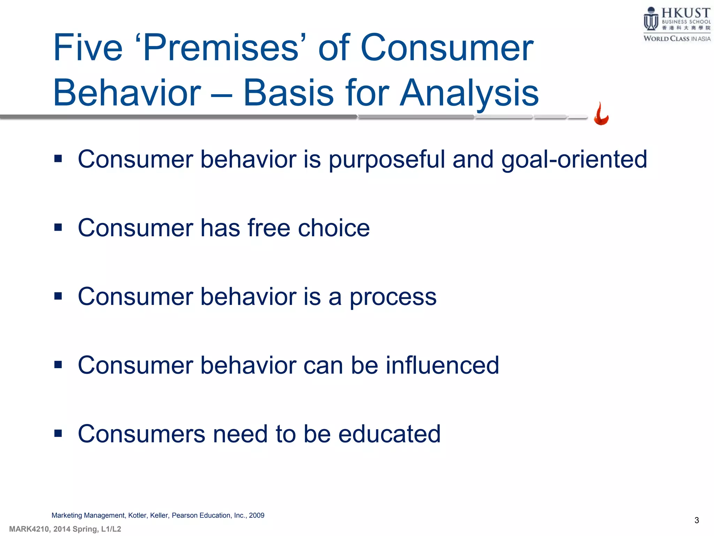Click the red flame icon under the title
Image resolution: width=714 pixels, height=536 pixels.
point(601,114)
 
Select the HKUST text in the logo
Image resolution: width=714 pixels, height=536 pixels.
point(685,13)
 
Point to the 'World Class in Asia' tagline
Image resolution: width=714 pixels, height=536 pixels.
point(676,38)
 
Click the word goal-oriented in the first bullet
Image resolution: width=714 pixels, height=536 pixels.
point(574,159)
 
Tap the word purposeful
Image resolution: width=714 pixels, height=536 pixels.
point(387,159)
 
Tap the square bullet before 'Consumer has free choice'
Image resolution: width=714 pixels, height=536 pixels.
point(58,228)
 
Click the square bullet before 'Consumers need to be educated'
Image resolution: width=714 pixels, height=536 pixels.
point(58,433)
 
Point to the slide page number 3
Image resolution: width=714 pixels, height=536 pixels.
point(697,520)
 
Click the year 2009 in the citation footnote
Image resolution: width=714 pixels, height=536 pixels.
point(257,515)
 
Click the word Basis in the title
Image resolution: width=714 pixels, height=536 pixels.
point(288,93)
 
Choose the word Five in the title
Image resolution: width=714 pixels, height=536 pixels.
point(88,48)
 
